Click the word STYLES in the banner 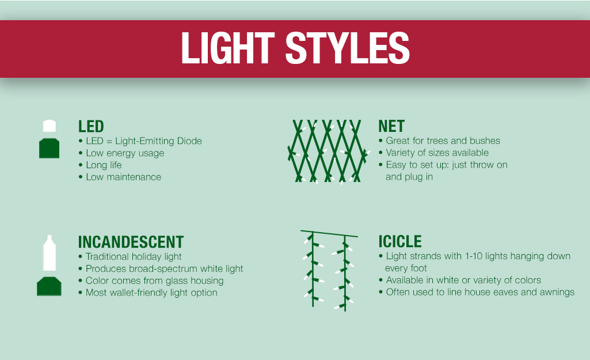[x=347, y=48]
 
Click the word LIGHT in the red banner [x=228, y=48]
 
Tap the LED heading [x=91, y=127]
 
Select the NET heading [x=391, y=126]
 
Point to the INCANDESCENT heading [x=131, y=242]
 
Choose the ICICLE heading [x=400, y=241]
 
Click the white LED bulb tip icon [x=50, y=126]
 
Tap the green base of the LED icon [x=50, y=148]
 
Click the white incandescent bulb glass [x=50, y=253]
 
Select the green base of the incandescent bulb [x=49, y=286]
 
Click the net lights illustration [x=328, y=151]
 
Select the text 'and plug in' [x=409, y=177]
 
